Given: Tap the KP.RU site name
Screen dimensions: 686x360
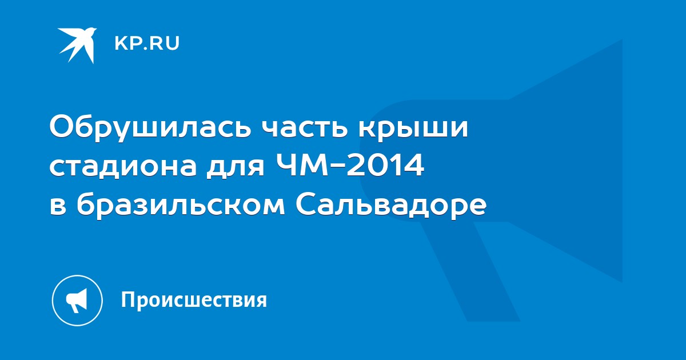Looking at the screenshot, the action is pos(147,43).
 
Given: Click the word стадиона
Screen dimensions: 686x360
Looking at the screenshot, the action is pos(123,167).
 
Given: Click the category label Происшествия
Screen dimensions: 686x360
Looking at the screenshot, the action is pos(194,300).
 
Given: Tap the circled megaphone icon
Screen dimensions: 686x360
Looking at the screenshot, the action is pos(77,301).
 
